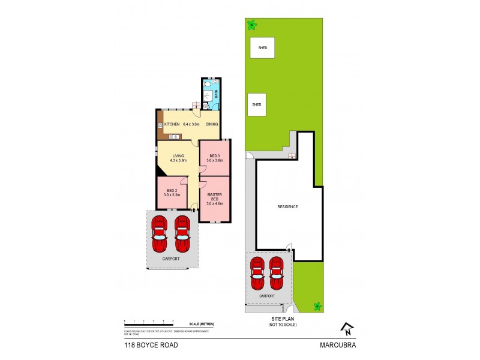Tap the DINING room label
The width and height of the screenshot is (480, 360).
pos(212,124)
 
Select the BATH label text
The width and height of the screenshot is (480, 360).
pos(216,94)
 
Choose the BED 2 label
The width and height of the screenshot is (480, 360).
pos(172,191)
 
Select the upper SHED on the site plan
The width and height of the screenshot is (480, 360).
pos(262,47)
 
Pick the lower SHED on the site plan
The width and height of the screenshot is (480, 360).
pos(257,104)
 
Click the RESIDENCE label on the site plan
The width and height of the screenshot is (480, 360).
pos(287,206)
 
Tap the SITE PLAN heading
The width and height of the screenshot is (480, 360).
pos(282,319)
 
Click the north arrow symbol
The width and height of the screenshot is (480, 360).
pos(346,328)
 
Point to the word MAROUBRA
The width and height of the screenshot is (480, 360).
pos(340,345)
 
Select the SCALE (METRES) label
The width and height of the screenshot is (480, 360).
pos(201,324)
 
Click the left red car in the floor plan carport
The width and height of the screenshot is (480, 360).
pos(159,233)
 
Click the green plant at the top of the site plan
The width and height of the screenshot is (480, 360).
pos(252,25)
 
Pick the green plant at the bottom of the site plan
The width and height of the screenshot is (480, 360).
pos(317,307)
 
